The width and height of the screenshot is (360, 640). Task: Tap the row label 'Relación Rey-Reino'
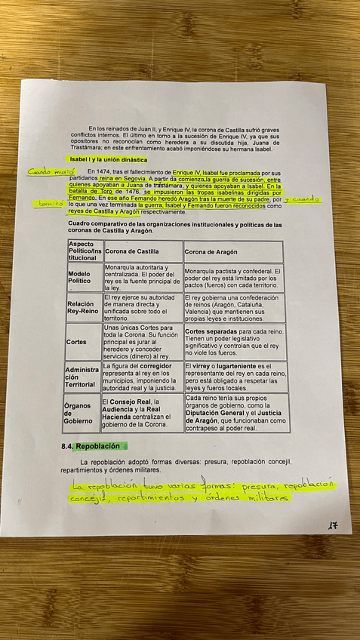coord(84,307)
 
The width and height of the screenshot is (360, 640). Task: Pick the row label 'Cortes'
coord(76,341)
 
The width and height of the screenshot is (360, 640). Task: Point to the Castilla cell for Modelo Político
coord(143,278)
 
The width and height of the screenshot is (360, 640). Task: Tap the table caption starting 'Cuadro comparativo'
coord(174,227)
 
